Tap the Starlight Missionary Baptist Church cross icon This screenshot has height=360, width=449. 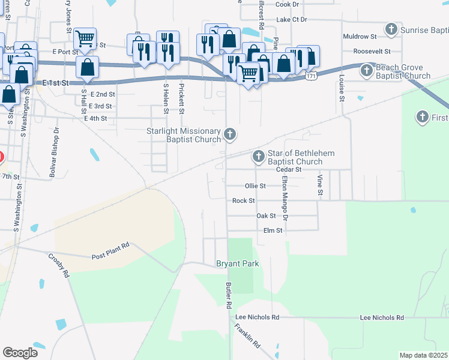pos(229,134)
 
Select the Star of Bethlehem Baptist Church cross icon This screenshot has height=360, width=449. pos(259,157)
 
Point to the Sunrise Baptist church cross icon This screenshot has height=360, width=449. pos(391,29)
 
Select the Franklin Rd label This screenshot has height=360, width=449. pos(248,337)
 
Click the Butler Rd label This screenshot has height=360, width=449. pos(229,296)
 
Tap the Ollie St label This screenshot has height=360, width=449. pos(255,186)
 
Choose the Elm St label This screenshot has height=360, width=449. pos(273,230)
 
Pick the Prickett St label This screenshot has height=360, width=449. pos(181,96)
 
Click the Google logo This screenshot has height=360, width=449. pos(20,353)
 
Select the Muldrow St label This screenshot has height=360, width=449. pos(359,37)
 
